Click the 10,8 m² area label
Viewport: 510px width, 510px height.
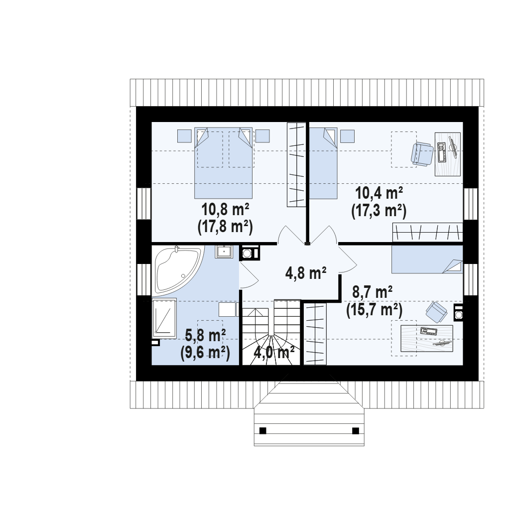[226, 210]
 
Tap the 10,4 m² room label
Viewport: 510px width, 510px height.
[379, 193]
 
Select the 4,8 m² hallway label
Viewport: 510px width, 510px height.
[306, 273]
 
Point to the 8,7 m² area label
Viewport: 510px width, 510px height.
[373, 292]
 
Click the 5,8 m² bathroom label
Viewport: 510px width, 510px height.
[206, 335]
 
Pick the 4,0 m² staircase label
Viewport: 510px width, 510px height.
[274, 352]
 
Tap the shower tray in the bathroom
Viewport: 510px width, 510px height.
[164, 318]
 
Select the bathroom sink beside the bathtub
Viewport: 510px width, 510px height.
[224, 252]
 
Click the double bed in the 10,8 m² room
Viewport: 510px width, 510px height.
[224, 163]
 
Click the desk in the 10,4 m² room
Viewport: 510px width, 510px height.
[448, 154]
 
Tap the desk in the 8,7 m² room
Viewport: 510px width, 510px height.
[427, 338]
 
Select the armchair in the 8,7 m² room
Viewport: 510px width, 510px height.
[437, 312]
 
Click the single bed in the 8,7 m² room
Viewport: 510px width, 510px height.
[427, 259]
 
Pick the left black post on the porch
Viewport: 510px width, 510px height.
[263, 431]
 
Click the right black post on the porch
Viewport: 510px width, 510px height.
[356, 431]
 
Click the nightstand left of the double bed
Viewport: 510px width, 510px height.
[184, 136]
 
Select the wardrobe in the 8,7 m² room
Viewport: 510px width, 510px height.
[315, 334]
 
